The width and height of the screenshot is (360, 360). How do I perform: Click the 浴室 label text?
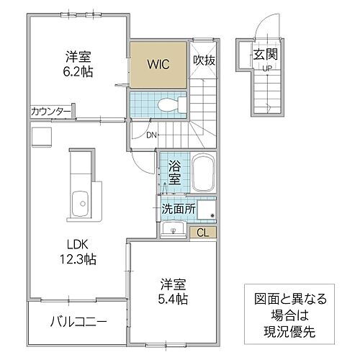pos(174,173)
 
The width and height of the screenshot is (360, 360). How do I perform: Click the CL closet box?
pos(203,232)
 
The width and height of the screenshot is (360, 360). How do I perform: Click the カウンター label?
pos(50,112)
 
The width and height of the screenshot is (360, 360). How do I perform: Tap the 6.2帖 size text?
pos(79,71)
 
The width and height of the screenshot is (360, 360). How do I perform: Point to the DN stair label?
pos(151,134)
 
